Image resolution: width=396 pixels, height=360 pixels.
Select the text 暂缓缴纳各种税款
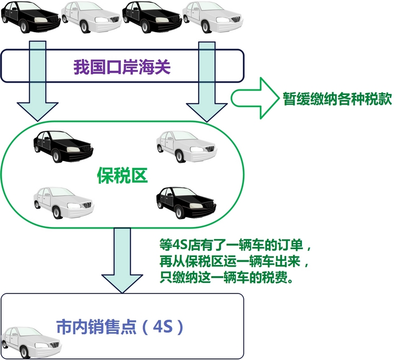click(x=337, y=99)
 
